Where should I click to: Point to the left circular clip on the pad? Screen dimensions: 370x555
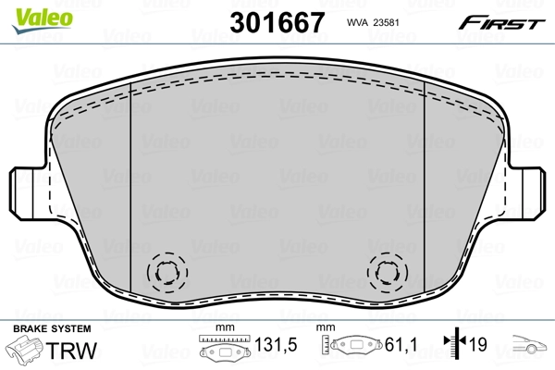point(167,272)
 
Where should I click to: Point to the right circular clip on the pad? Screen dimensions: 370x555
point(387,272)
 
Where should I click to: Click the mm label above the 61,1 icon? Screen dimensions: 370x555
point(326,328)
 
